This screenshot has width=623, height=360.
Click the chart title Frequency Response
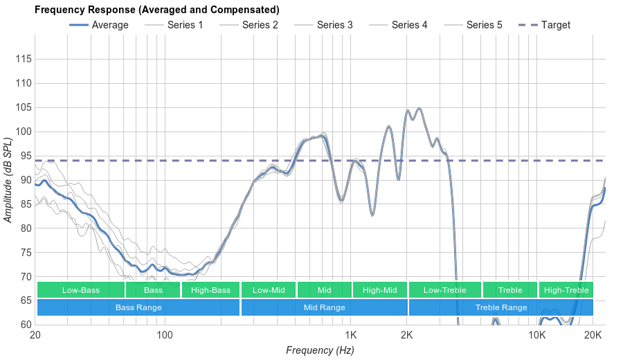pyautogui.click(x=157, y=10)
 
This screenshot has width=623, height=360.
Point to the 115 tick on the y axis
pyautogui.click(x=24, y=60)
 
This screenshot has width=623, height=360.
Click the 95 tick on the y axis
pyautogui.click(x=24, y=156)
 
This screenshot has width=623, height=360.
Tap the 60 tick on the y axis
pyautogui.click(x=24, y=325)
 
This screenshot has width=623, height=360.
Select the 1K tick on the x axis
pyautogui.click(x=350, y=336)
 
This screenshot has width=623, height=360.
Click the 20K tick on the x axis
pyautogui.click(x=593, y=336)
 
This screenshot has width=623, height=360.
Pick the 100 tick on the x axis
pyautogui.click(x=165, y=336)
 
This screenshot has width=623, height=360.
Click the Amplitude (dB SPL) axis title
pyautogui.click(x=8, y=180)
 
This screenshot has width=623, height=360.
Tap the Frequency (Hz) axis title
pyautogui.click(x=320, y=350)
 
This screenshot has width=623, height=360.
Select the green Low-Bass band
pyautogui.click(x=81, y=290)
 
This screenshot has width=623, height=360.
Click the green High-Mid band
pyautogui.click(x=380, y=290)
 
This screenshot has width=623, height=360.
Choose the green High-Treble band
pyautogui.click(x=566, y=290)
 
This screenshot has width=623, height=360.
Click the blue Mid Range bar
pyautogui.click(x=324, y=307)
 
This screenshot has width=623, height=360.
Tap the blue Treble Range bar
pyautogui.click(x=501, y=307)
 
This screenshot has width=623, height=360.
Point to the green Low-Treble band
pyautogui.click(x=445, y=290)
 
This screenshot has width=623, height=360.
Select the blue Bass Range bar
pyautogui.click(x=138, y=307)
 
